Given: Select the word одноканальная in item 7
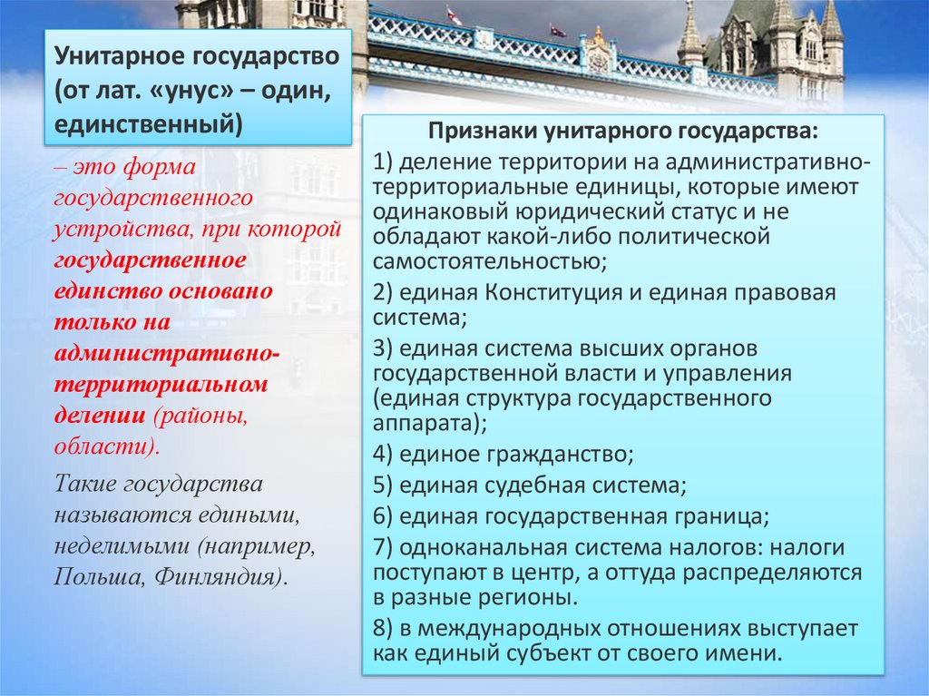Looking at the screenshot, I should [x=481, y=548].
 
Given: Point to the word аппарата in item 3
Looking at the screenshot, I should [x=422, y=422].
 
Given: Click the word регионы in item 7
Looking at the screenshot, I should [x=525, y=598].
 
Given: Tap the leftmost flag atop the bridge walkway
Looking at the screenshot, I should [x=453, y=16].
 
